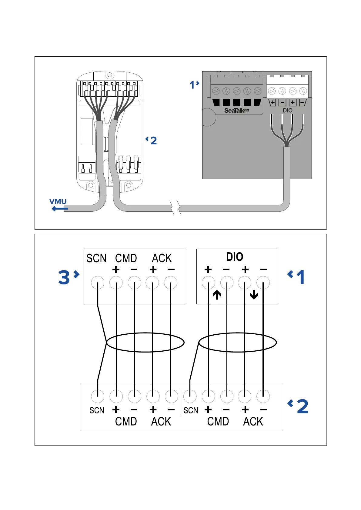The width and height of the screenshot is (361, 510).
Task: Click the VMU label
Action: click(58, 201)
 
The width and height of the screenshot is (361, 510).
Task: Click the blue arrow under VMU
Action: click(60, 209)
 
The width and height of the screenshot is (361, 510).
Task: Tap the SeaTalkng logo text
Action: click(236, 111)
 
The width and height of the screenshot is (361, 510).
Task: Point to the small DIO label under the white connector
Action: click(287, 111)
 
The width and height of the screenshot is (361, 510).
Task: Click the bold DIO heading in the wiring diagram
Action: click(235, 257)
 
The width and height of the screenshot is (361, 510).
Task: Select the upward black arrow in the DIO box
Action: click(217, 295)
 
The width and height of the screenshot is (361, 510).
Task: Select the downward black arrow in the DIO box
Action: click(254, 295)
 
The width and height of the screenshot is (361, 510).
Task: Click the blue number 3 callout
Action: click(64, 277)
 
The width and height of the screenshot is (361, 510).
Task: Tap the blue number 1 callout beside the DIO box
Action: click(300, 277)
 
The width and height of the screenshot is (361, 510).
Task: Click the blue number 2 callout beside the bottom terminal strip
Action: click(302, 406)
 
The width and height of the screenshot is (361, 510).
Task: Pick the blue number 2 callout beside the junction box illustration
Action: click(153, 141)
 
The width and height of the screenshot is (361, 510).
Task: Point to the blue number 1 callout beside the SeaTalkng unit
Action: click(192, 85)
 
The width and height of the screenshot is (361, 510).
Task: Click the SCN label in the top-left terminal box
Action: click(96, 258)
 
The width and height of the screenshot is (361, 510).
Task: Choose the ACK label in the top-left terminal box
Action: click(162, 258)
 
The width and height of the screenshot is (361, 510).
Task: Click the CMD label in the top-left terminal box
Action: click(126, 258)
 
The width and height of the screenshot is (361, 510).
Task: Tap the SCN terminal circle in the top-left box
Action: click(98, 283)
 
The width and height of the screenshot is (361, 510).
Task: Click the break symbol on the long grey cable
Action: click(176, 208)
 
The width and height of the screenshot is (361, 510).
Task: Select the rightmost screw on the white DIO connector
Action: click(303, 91)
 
